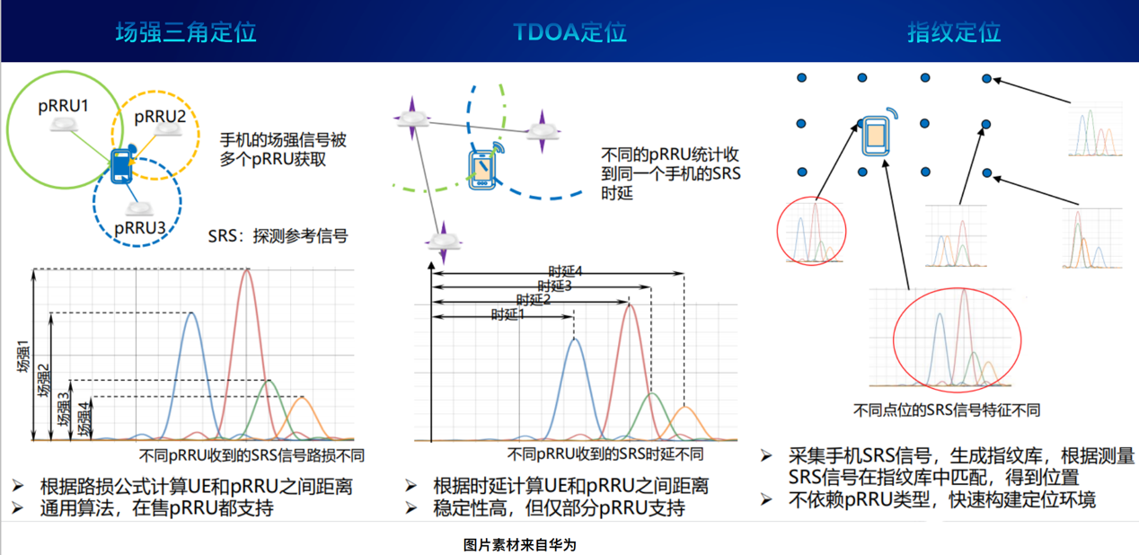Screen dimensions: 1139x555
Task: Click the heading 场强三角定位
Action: point(186,32)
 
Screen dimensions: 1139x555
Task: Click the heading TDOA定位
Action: point(569,32)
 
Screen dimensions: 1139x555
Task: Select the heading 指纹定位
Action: point(954,32)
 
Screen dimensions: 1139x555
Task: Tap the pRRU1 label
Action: point(63,106)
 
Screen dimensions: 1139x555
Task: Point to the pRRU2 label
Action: point(160,117)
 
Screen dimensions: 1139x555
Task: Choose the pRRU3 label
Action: point(140,228)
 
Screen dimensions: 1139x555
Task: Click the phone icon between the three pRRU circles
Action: point(122,165)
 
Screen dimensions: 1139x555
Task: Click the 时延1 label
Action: point(508,315)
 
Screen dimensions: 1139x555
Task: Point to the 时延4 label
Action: point(565,271)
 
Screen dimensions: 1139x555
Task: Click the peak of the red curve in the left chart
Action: point(247,270)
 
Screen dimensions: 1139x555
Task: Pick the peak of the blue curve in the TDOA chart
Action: point(575,339)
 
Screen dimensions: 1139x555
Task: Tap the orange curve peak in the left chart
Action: point(302,398)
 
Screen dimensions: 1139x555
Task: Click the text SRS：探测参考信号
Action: point(278,236)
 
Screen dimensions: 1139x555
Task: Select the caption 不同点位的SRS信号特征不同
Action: point(946,410)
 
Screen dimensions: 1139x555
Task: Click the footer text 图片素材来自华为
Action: point(520,545)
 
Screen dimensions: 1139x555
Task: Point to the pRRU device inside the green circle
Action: point(65,124)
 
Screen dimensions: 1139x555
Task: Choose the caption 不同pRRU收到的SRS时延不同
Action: point(605,454)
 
